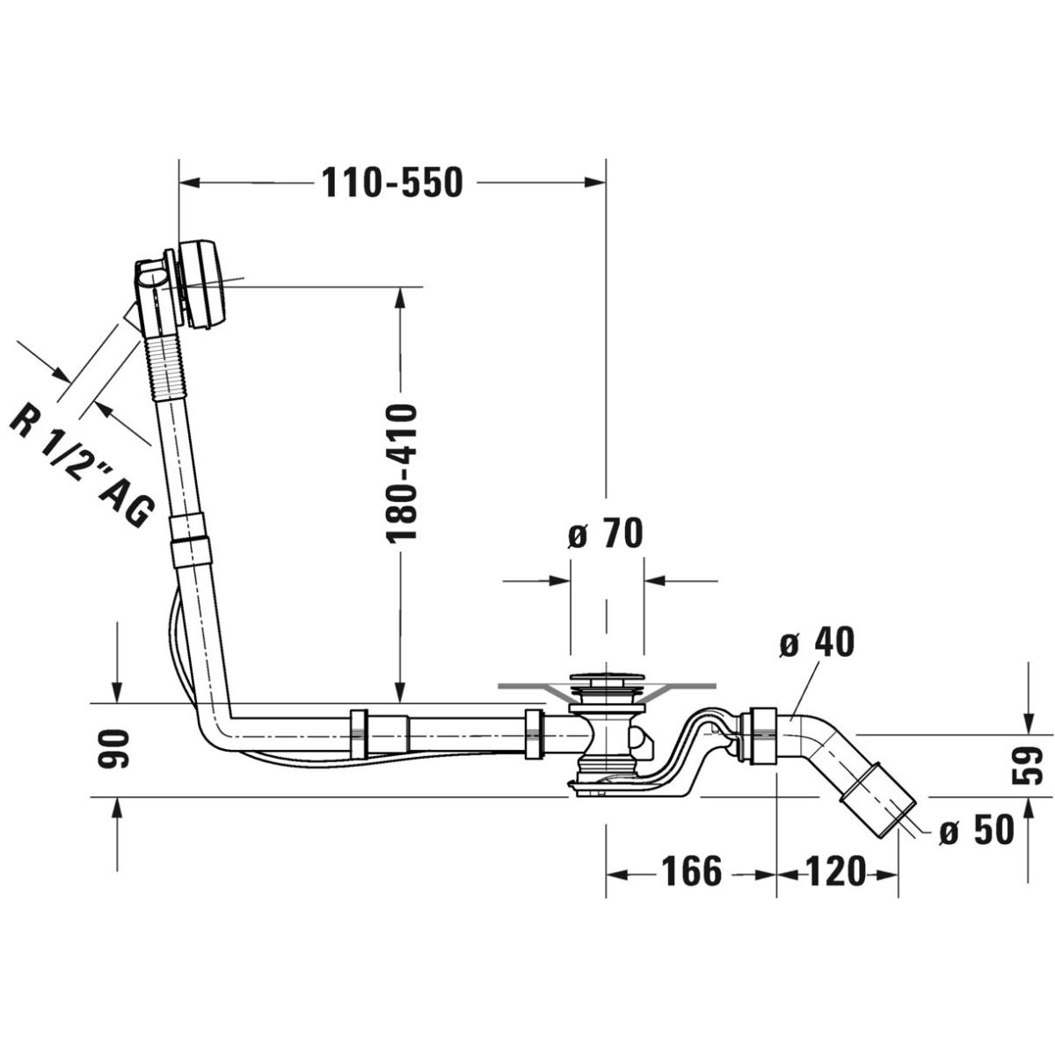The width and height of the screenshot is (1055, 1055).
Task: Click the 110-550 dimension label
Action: (x=392, y=183)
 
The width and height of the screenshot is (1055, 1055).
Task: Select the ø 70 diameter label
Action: (x=604, y=534)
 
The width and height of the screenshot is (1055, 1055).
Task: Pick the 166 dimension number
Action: (x=692, y=871)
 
